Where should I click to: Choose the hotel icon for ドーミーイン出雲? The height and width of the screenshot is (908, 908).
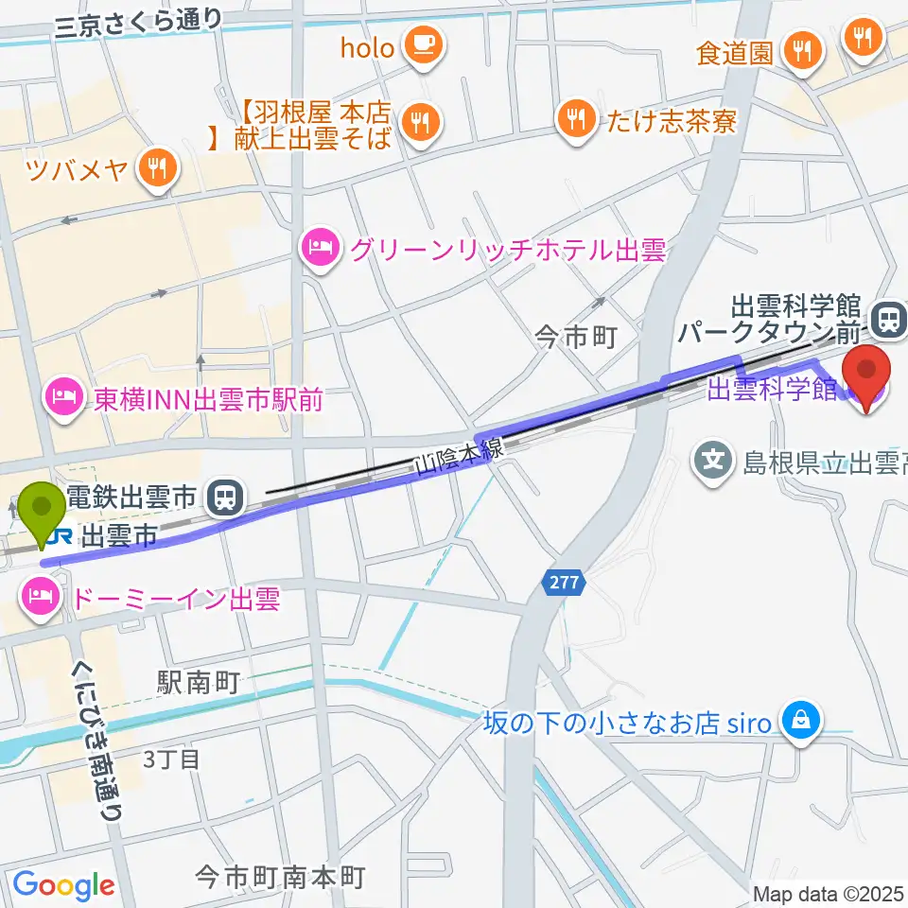pyautogui.click(x=38, y=599)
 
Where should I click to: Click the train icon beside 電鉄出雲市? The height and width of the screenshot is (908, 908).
pyautogui.click(x=224, y=495)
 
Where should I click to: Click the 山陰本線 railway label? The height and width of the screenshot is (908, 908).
pyautogui.click(x=461, y=461)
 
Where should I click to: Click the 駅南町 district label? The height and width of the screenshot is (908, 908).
pyautogui.click(x=198, y=683)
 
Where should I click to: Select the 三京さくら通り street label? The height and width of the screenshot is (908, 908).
pyautogui.click(x=139, y=23)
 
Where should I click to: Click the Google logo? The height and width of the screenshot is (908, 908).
pyautogui.click(x=63, y=884)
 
